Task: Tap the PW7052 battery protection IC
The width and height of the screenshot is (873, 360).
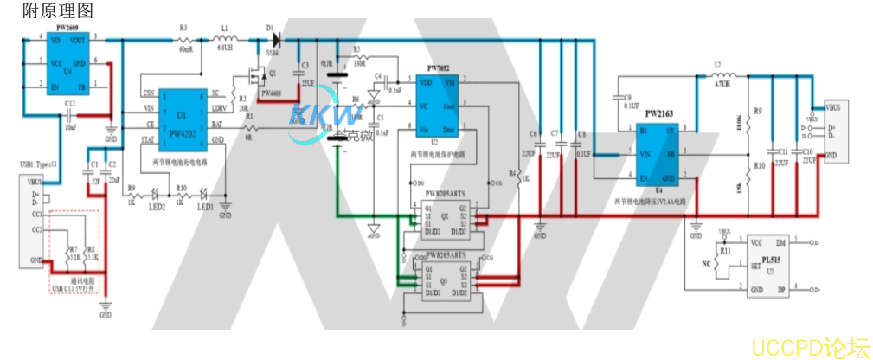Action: point(440,105)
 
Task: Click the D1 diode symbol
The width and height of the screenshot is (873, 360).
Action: point(276,39)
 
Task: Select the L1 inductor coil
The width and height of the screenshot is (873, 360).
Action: point(224,39)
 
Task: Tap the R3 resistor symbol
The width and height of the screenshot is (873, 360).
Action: point(184,39)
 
